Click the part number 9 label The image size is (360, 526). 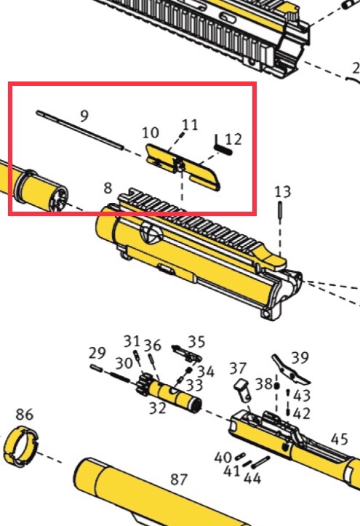pos(84,116)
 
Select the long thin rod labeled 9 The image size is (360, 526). pos(80,129)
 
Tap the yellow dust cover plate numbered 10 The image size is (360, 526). pos(183,167)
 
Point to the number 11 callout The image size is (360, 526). pos(190,125)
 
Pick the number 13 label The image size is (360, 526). pos(283,192)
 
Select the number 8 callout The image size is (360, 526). pos(108,188)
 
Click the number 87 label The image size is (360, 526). pos(179,479)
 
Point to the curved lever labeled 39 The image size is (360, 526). pos(290,370)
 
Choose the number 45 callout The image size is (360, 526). pos(339,439)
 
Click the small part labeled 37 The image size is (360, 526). pos(243,390)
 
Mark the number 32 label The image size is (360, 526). pos(158,408)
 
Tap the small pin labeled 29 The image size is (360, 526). pos(96,367)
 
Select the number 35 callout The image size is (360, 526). pos(196,341)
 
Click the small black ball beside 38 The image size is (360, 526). pos(276,386)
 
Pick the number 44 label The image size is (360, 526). pos(252,478)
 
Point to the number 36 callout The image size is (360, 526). pos(153,345)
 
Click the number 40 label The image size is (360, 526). pos(223,458)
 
